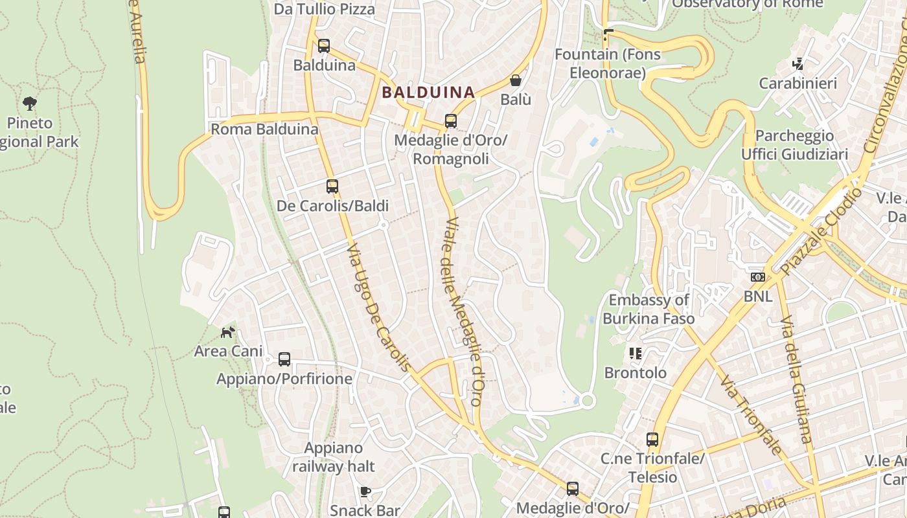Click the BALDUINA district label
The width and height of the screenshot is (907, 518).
tap(428, 92)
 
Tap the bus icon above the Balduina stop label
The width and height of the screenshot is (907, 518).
tap(324, 46)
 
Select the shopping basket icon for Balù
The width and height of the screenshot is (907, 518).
tap(516, 80)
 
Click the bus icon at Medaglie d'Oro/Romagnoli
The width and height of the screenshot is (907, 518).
tap(450, 121)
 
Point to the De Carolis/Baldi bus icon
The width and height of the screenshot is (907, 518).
tap(332, 186)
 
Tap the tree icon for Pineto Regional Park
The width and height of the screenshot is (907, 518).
tap(29, 103)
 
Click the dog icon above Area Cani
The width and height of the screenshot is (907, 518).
tap(227, 332)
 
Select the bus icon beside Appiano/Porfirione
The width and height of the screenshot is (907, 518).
tap(284, 359)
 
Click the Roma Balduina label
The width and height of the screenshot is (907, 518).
tap(264, 129)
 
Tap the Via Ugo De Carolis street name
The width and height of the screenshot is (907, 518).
tap(379, 308)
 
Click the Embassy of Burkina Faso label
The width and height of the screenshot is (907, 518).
tap(649, 309)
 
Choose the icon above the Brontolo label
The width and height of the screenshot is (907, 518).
tap(635, 354)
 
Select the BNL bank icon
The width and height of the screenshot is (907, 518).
tap(757, 277)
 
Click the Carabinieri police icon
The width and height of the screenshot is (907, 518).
tap(798, 64)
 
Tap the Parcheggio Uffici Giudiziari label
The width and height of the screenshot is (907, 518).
tap(794, 145)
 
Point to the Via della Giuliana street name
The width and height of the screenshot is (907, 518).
tap(796, 380)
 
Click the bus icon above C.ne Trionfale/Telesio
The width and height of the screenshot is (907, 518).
tap(652, 440)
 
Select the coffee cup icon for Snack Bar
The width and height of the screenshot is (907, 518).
tap(365, 491)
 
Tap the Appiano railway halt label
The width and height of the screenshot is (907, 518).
tap(333, 456)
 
